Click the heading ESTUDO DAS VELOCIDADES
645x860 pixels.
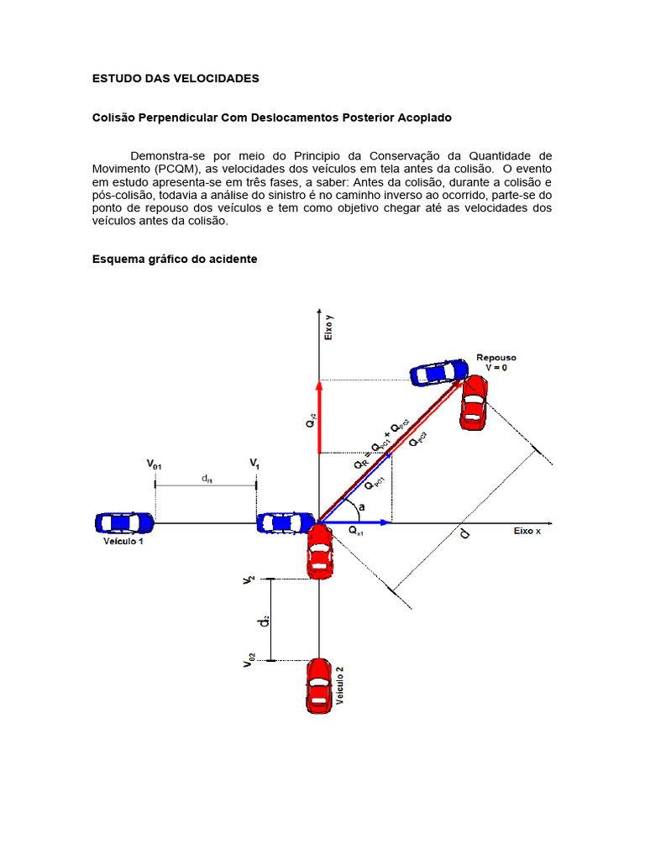coord(176,78)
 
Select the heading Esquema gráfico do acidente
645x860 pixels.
coord(174,260)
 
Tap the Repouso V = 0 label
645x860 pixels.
coord(496,362)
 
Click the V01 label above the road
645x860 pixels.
coord(155,463)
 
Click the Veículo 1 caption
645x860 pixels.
coord(123,542)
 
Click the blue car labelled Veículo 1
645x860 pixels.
coord(123,522)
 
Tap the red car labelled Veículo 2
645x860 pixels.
coord(318,686)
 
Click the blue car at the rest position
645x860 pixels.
coord(438,371)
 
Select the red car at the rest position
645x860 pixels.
coord(474,401)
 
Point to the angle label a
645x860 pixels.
coord(361,508)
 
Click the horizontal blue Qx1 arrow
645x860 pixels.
coord(357,522)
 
